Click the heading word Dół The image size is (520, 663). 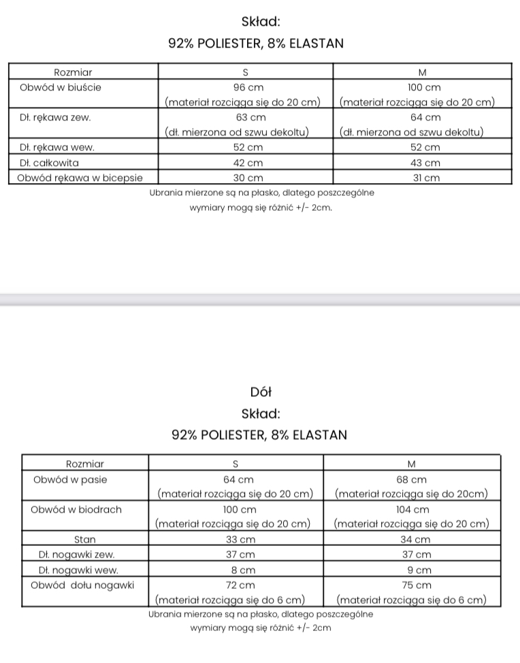point(261,392)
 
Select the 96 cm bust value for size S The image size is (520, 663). point(245,88)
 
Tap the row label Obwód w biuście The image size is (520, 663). point(61,88)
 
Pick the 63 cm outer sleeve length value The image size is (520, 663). point(245,118)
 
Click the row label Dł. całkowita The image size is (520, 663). point(49,163)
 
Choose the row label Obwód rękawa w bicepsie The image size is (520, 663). point(80,178)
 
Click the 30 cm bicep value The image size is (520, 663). point(245,178)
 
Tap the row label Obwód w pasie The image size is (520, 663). point(71,479)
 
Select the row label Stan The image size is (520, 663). point(85,540)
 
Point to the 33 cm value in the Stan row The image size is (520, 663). point(235,540)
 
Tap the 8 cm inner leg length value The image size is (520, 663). point(235,570)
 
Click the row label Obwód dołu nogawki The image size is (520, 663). point(83,585)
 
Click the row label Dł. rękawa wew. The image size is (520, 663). point(57,148)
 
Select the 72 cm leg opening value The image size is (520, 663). point(235,585)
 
